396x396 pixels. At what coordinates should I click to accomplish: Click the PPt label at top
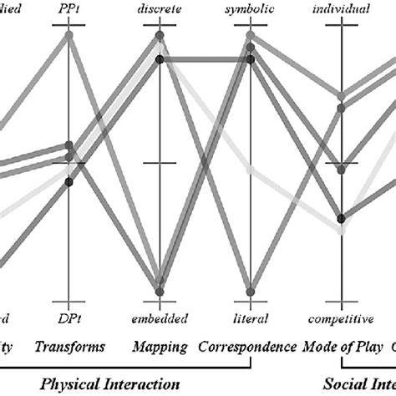click(x=70, y=8)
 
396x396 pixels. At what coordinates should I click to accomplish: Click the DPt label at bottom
click(x=70, y=317)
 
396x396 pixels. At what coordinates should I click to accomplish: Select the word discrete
click(x=159, y=8)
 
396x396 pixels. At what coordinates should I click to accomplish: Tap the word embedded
click(x=159, y=317)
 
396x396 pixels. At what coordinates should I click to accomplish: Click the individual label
click(x=340, y=8)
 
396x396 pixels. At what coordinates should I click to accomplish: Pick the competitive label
click(x=340, y=317)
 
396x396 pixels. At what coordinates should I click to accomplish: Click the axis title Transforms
click(x=70, y=345)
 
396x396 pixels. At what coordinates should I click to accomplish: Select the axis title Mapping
click(x=159, y=345)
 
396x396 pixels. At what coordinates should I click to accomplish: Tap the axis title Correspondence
click(x=249, y=345)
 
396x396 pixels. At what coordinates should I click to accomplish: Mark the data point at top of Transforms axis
click(x=70, y=34)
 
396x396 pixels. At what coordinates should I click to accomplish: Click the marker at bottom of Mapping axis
click(x=159, y=291)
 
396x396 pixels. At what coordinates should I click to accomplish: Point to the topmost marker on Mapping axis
click(x=159, y=36)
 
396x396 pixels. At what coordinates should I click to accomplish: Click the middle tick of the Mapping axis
click(x=159, y=163)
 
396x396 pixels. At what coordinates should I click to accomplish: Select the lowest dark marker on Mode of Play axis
click(x=340, y=218)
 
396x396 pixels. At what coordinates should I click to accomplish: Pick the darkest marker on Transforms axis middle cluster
click(x=70, y=181)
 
